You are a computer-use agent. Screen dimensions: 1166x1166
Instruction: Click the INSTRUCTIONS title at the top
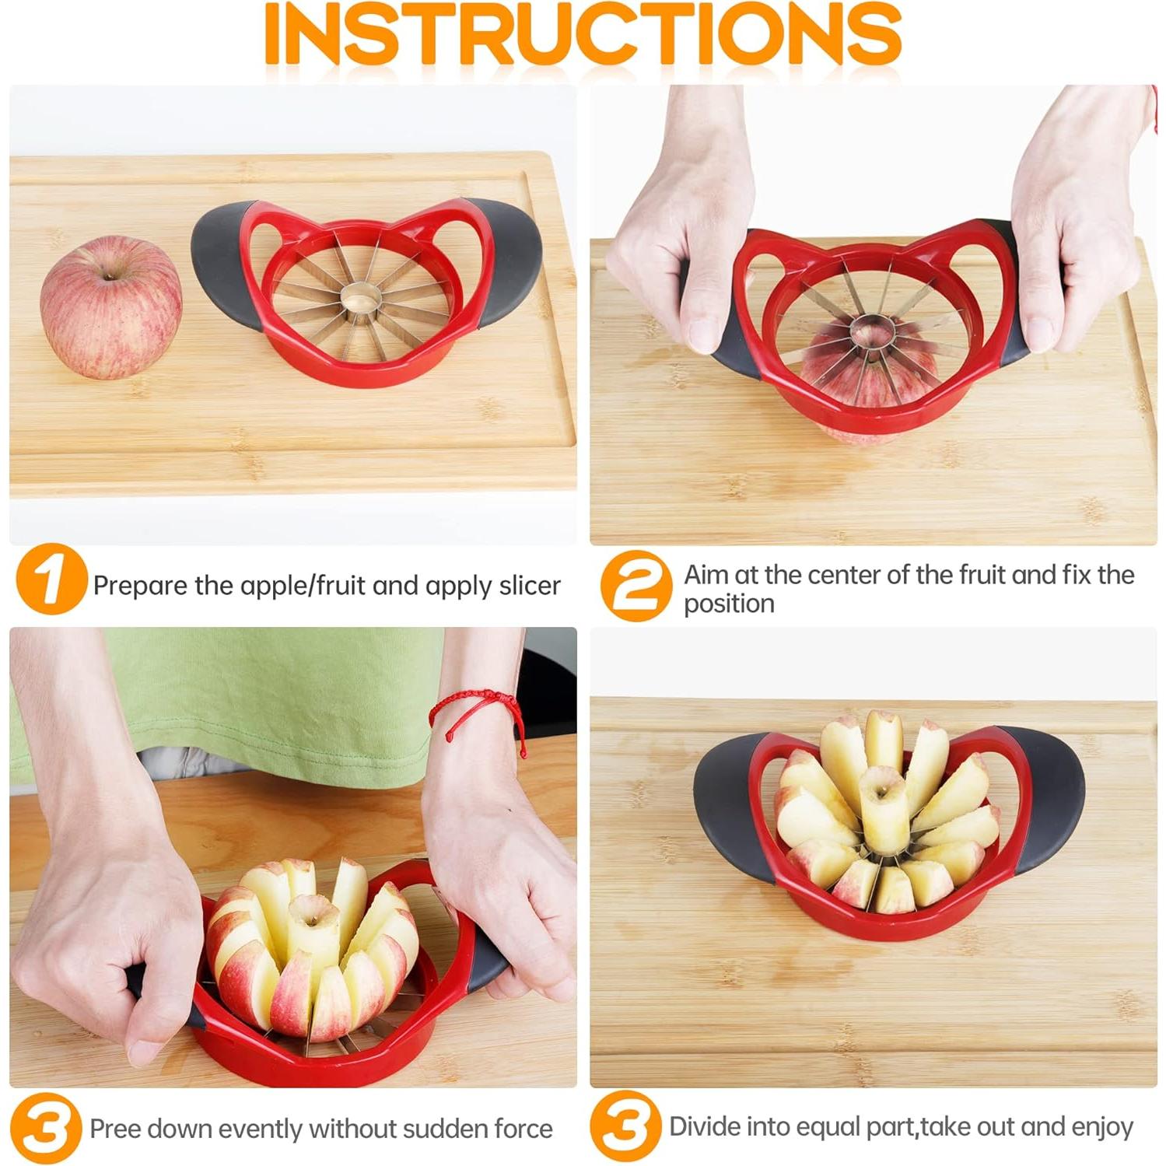[583, 35]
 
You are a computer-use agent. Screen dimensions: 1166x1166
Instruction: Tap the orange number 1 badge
[51, 579]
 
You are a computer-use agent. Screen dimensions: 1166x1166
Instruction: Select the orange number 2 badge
[636, 585]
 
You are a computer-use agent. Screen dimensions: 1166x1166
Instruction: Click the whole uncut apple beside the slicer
[110, 308]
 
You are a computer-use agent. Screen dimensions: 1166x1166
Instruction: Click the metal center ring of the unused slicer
[359, 297]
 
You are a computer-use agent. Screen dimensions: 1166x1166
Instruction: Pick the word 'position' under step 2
[729, 604]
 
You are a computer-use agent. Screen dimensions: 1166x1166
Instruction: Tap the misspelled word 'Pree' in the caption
[115, 1129]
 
